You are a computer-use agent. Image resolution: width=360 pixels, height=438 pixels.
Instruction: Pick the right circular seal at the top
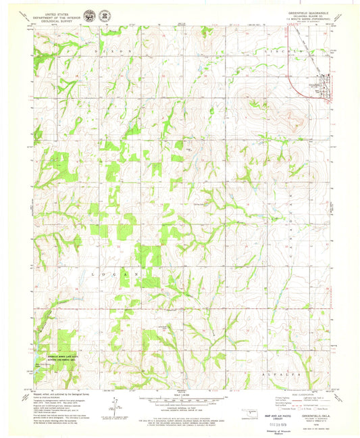tap(106, 14)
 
